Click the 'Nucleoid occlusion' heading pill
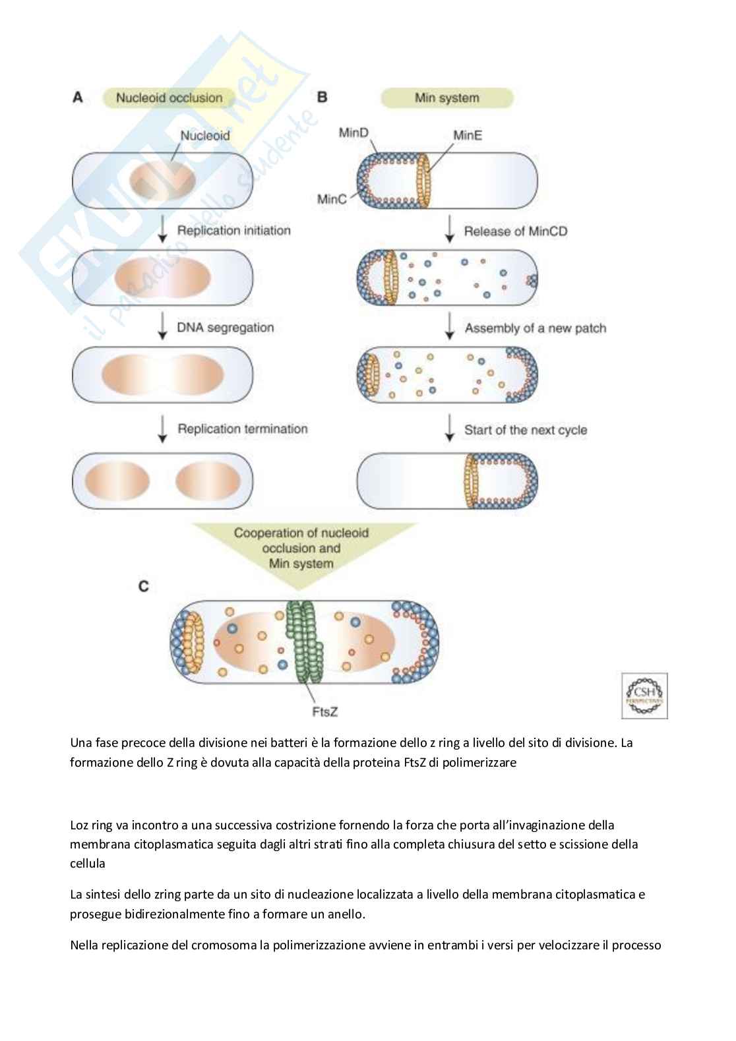tap(169, 98)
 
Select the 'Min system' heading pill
tap(446, 98)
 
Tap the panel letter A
tap(78, 98)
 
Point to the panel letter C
tap(144, 585)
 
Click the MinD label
tap(353, 133)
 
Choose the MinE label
tap(468, 135)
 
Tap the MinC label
tap(332, 198)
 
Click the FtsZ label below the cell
tap(324, 711)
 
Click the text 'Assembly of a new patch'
tap(535, 328)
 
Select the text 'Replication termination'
tap(242, 429)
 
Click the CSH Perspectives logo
tap(644, 696)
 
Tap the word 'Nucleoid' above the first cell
tap(205, 136)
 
